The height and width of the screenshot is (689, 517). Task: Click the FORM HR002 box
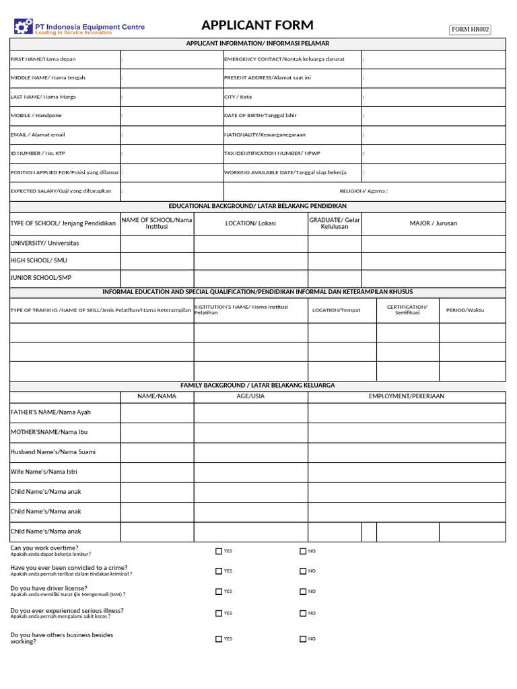[471, 29]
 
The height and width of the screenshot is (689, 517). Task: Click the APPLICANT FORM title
[257, 26]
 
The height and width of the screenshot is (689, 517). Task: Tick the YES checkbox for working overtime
[219, 551]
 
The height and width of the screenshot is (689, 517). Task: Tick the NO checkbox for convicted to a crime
[303, 571]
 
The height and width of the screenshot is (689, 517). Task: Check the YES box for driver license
[219, 591]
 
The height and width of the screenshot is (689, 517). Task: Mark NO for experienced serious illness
[303, 613]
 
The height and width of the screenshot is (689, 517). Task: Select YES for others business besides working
[219, 639]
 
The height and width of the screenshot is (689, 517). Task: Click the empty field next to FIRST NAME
[172, 59]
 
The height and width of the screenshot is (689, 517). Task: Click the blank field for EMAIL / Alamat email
[172, 135]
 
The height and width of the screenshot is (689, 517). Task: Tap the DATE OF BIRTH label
[260, 116]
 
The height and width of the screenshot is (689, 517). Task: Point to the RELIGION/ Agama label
[363, 191]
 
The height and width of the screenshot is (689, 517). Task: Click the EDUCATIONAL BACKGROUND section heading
[257, 206]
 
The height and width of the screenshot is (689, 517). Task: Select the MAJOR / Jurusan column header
[434, 223]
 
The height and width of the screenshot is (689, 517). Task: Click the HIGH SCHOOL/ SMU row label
[39, 260]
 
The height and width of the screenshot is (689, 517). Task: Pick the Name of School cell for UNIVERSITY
[158, 243]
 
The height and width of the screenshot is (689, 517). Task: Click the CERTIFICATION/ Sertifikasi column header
[407, 310]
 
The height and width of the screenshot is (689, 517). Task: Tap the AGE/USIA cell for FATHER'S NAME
[250, 412]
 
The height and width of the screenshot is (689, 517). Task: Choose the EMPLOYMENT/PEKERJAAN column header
[406, 396]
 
